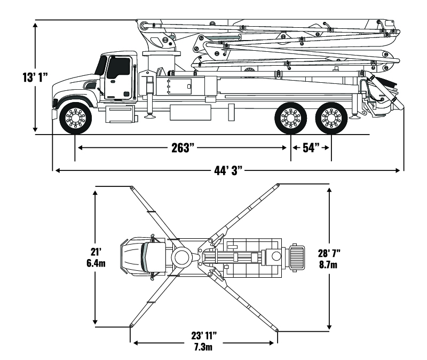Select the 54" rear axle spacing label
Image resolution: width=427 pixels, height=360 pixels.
311,148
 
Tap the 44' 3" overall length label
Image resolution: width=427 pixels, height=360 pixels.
228,171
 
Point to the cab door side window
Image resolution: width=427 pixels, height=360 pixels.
118,68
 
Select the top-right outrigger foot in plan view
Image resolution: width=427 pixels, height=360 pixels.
279,184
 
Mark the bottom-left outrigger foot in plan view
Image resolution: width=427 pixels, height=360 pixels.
131,325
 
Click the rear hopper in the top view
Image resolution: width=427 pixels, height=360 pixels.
297,256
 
